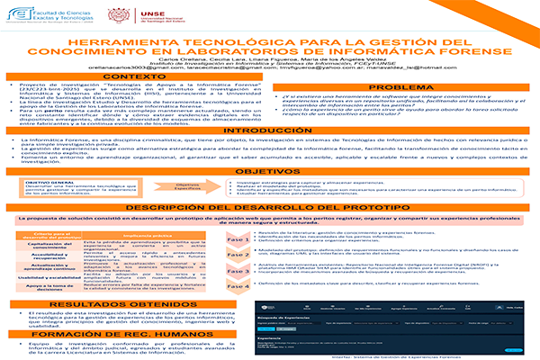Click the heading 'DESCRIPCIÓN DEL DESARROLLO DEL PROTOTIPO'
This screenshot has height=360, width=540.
(270, 208)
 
